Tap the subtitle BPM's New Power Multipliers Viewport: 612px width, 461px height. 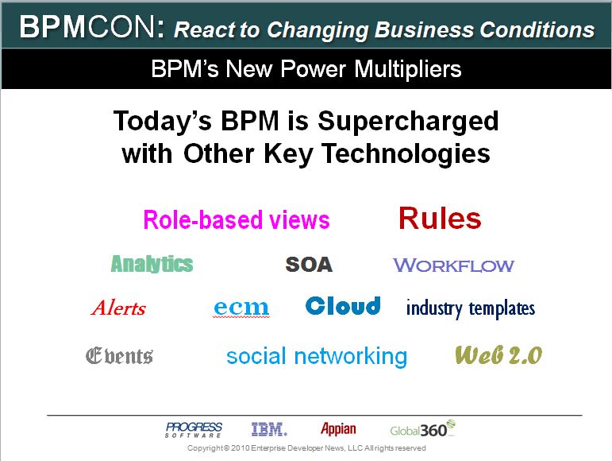coord(306,69)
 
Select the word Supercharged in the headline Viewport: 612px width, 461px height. coord(408,122)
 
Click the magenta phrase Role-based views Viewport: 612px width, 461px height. coord(237,219)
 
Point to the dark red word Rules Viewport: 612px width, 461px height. coord(440,219)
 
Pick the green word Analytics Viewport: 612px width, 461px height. coord(152,264)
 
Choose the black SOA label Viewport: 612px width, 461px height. coord(309,265)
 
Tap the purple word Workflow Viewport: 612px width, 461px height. coord(453,265)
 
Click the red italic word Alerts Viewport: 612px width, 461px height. coord(118,308)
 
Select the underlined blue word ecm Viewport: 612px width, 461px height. coord(241,308)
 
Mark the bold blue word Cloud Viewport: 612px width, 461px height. coord(343,306)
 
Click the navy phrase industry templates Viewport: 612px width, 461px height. coord(471,308)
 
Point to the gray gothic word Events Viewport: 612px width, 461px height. coord(119,355)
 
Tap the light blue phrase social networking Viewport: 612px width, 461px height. coord(317,357)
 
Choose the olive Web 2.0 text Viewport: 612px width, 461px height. coord(498,355)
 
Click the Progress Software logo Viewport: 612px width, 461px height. coord(194,430)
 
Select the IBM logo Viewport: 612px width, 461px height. coord(269,429)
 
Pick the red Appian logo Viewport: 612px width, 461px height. coord(338,429)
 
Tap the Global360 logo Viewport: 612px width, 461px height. coord(423,429)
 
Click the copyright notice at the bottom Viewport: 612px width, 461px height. coord(306,448)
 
